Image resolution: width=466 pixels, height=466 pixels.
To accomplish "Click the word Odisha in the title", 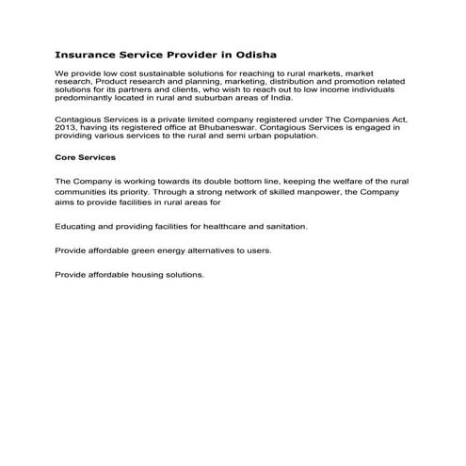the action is (255, 55).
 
